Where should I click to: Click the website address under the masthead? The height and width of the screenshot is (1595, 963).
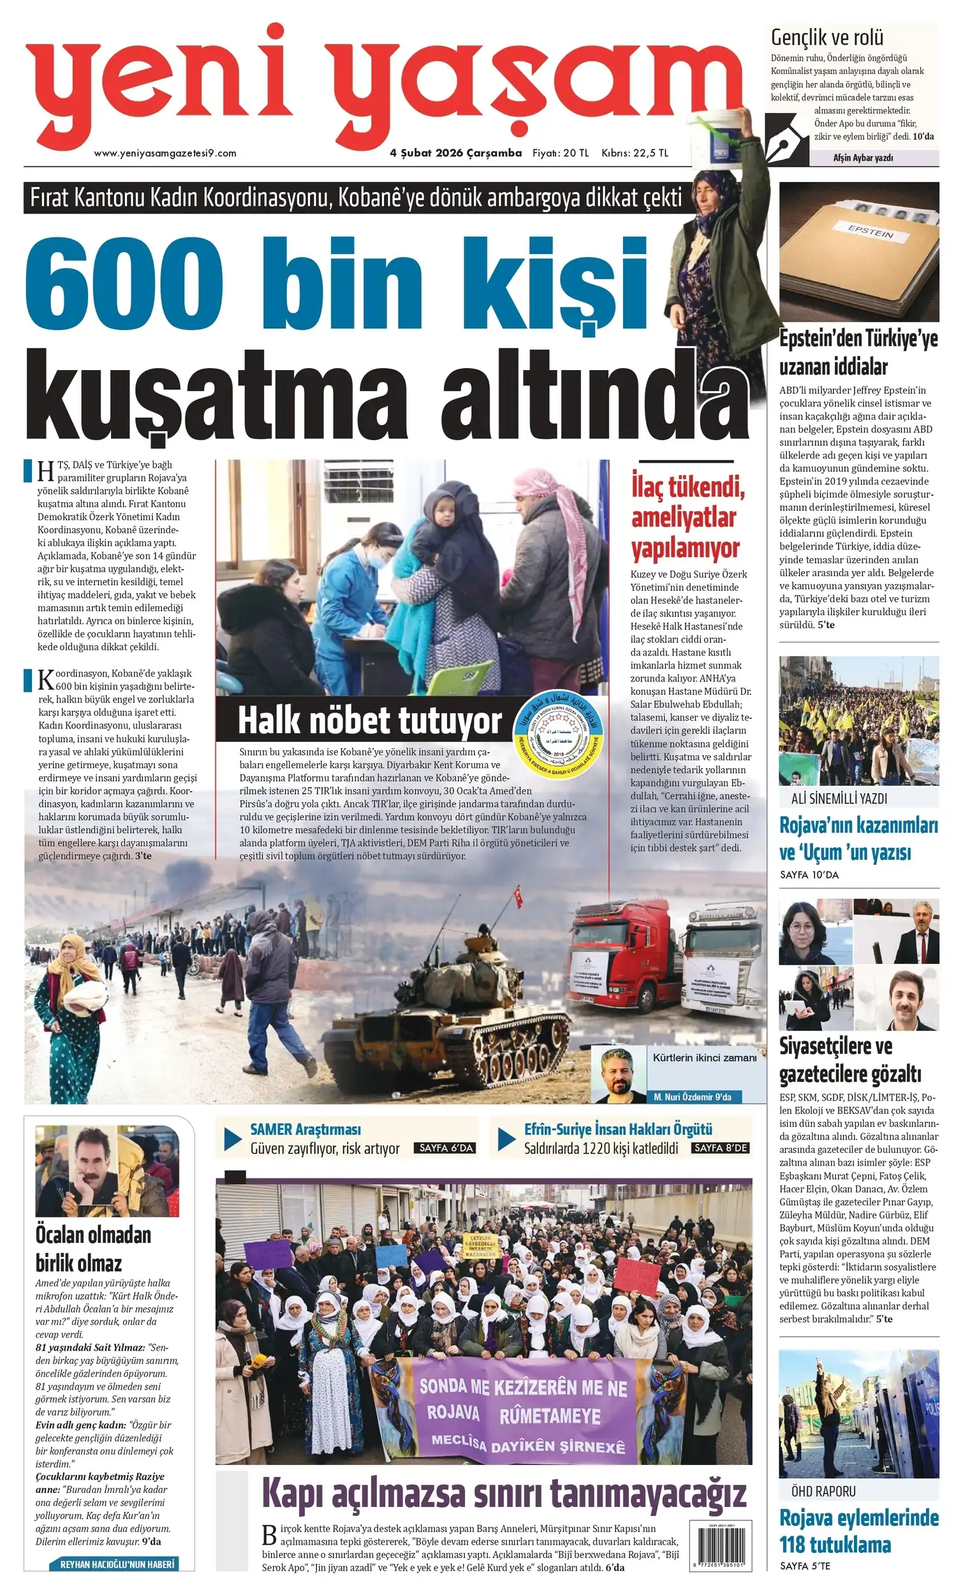pyautogui.click(x=165, y=153)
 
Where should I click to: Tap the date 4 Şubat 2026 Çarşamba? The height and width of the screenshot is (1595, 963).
pyautogui.click(x=455, y=153)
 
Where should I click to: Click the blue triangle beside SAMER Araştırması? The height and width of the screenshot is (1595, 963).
pyautogui.click(x=233, y=1139)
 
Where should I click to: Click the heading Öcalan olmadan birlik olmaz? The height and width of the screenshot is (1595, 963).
pyautogui.click(x=92, y=1249)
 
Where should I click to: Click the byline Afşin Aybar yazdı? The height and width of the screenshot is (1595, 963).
pyautogui.click(x=863, y=158)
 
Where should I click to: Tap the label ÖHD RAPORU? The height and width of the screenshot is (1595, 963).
pyautogui.click(x=823, y=1492)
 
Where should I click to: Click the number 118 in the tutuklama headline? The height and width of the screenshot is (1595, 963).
pyautogui.click(x=795, y=1544)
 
